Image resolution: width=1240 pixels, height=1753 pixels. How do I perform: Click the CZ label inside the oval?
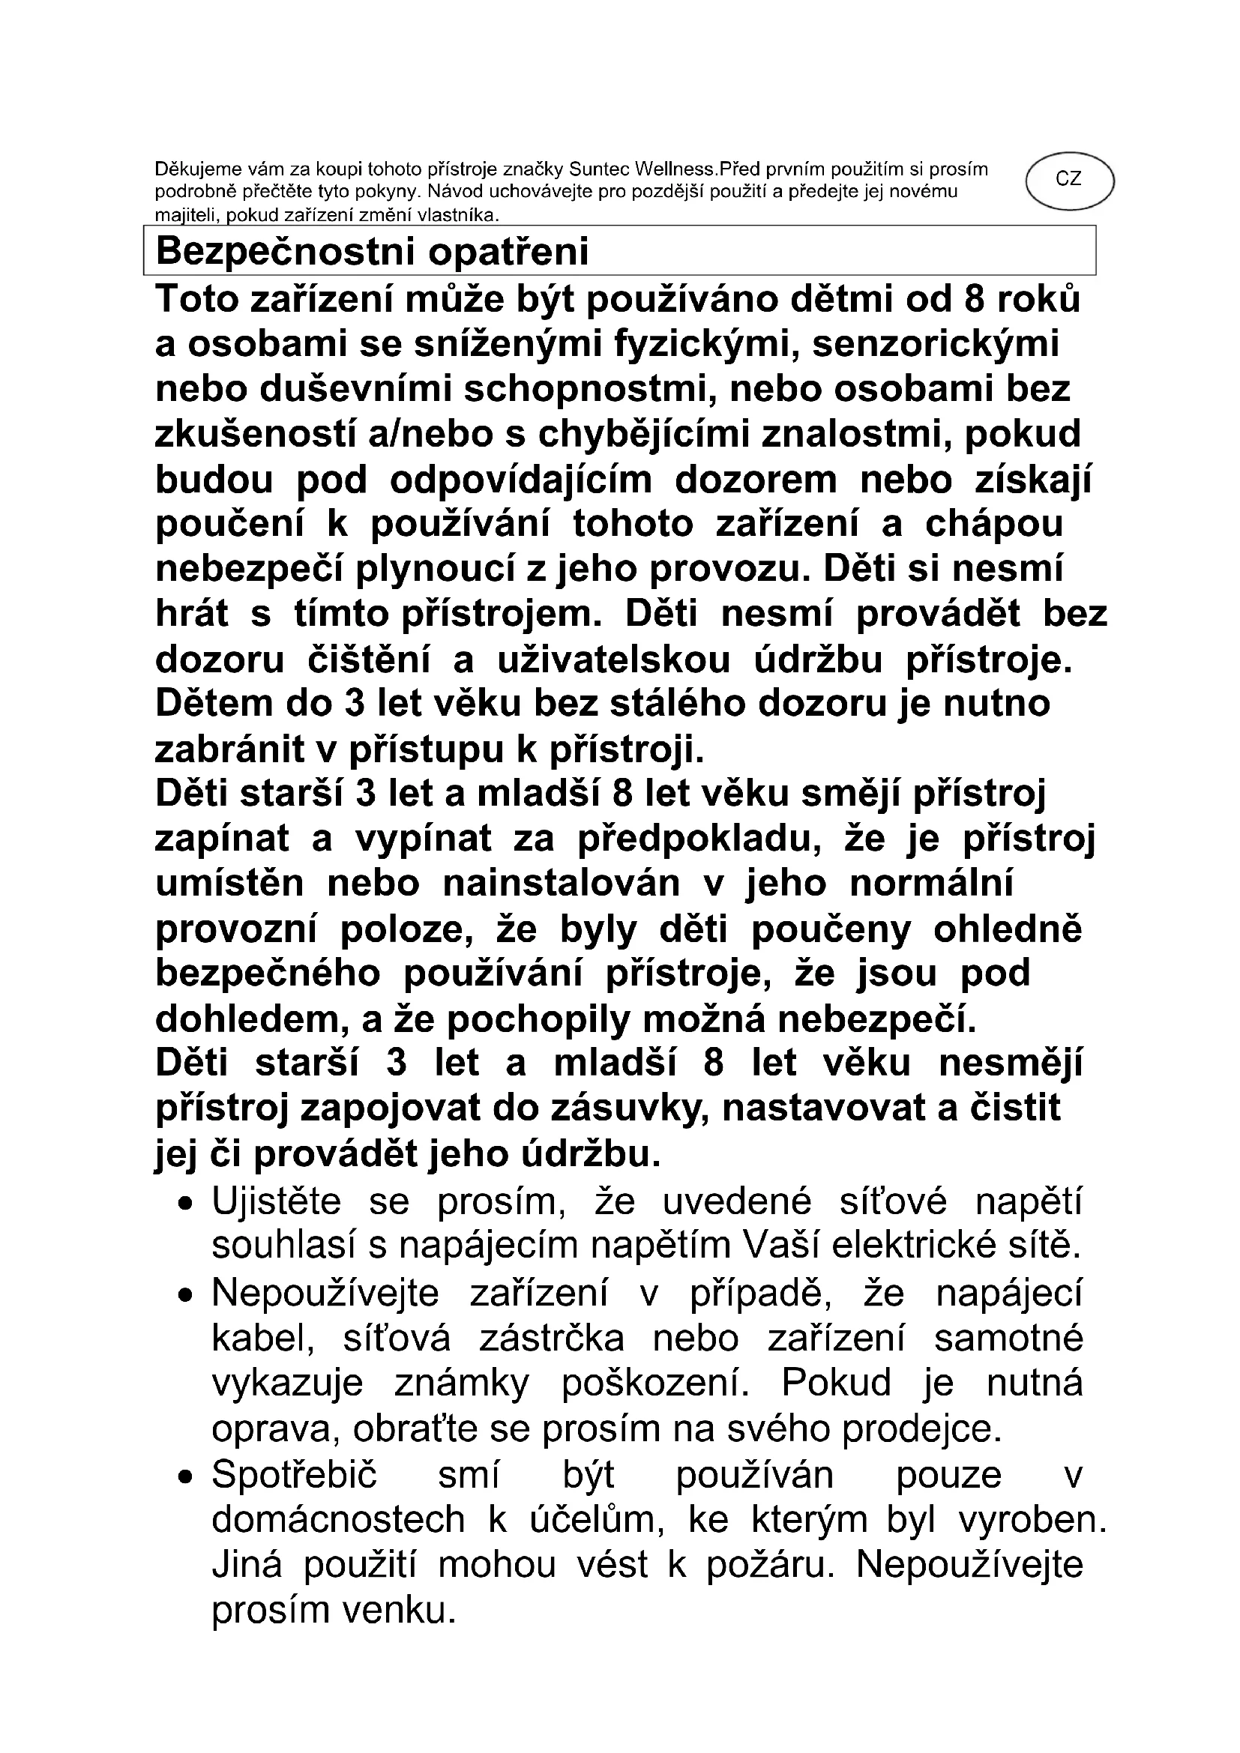(x=1068, y=179)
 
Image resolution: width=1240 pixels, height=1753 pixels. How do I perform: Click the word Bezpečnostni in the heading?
(x=285, y=252)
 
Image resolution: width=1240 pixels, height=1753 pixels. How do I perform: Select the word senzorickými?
(x=936, y=343)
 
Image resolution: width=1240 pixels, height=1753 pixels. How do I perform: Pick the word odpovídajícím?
(x=521, y=480)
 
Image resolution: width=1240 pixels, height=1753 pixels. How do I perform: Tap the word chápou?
(x=994, y=525)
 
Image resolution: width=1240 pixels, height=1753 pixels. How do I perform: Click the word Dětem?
(x=214, y=704)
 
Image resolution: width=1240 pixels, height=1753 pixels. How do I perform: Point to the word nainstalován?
(x=562, y=884)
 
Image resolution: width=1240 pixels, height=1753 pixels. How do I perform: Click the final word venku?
(x=397, y=1610)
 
